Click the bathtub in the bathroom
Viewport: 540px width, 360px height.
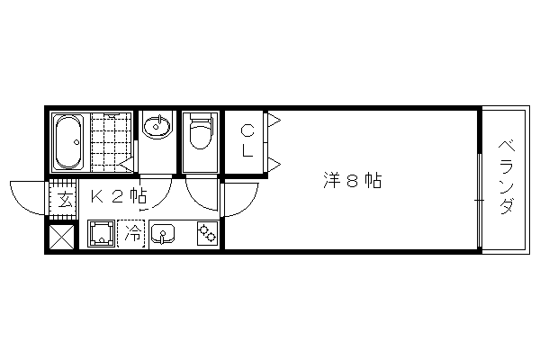point(68,142)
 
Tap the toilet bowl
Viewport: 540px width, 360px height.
point(201,137)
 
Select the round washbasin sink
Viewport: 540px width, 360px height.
point(157,127)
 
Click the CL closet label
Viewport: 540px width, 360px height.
point(247,140)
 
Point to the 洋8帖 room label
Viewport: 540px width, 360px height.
point(352,180)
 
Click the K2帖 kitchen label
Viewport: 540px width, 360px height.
point(119,196)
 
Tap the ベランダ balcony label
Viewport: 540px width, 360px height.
point(506,176)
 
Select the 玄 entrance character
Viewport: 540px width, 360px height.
point(65,200)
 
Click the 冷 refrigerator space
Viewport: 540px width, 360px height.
point(131,233)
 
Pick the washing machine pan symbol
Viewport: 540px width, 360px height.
point(101,234)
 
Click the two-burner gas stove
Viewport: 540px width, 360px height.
point(208,233)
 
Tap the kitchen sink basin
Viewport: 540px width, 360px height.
point(163,234)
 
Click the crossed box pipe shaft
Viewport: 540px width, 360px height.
point(61,237)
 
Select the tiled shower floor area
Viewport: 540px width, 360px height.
point(111,142)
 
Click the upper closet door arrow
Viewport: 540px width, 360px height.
point(274,121)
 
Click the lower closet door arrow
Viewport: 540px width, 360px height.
point(274,165)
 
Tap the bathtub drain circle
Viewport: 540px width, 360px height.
point(76,142)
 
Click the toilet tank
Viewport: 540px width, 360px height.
point(201,118)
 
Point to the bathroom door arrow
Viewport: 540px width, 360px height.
point(126,165)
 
